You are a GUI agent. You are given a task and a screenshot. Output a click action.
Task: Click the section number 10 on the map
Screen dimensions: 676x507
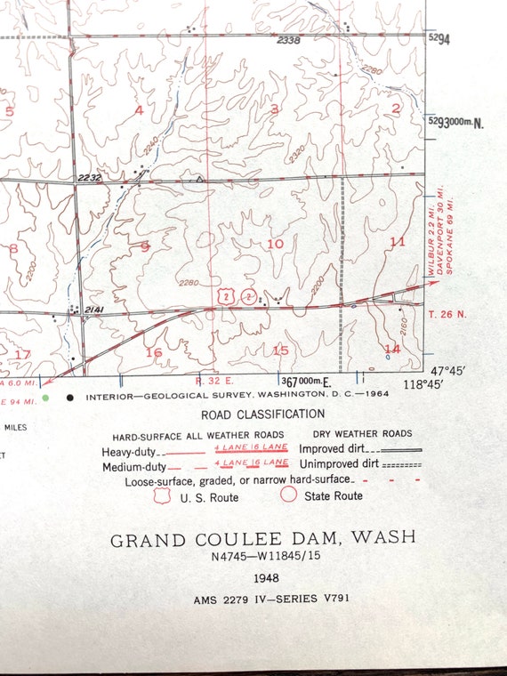coord(275,244)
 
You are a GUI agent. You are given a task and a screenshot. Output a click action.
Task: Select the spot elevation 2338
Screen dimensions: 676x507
coord(288,41)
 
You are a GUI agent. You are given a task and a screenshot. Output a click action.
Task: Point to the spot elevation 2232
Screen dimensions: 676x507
coord(89,178)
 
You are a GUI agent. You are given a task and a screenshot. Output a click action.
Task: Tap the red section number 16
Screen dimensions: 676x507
coord(154,353)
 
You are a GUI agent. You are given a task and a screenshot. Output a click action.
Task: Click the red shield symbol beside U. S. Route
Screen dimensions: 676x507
coord(162,496)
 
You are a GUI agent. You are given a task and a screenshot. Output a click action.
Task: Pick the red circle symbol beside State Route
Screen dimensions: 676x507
coord(290,495)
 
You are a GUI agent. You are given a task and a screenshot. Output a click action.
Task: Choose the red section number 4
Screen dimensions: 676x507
coord(139,110)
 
